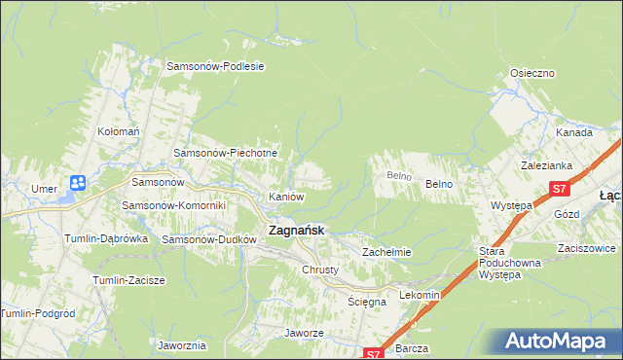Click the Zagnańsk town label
(x=296, y=231)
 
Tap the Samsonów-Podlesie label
(x=216, y=66)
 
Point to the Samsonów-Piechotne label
(x=226, y=153)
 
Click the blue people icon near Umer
(x=78, y=182)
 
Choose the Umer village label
(x=44, y=188)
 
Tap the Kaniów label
(x=287, y=197)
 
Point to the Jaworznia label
(x=181, y=345)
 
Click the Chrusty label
(x=320, y=270)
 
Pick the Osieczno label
(x=532, y=73)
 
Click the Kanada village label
(x=574, y=132)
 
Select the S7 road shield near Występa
(x=559, y=189)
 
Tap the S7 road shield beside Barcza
(x=374, y=354)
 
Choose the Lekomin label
(x=421, y=295)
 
